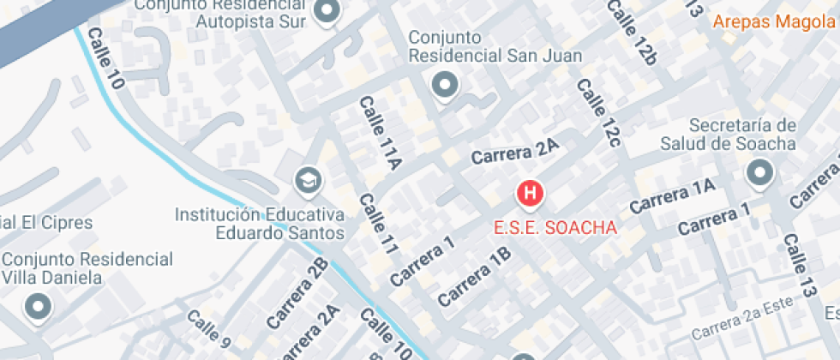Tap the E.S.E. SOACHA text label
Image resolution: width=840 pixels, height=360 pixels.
tap(555, 229)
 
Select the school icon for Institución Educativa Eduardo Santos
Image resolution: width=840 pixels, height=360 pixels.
tap(306, 181)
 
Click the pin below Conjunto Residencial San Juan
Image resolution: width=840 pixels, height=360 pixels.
tap(444, 85)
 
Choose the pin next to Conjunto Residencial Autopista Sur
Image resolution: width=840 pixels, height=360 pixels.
tap(327, 12)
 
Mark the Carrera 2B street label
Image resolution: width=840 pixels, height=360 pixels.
tap(297, 292)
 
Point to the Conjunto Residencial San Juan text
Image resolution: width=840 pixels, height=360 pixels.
tap(495, 47)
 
